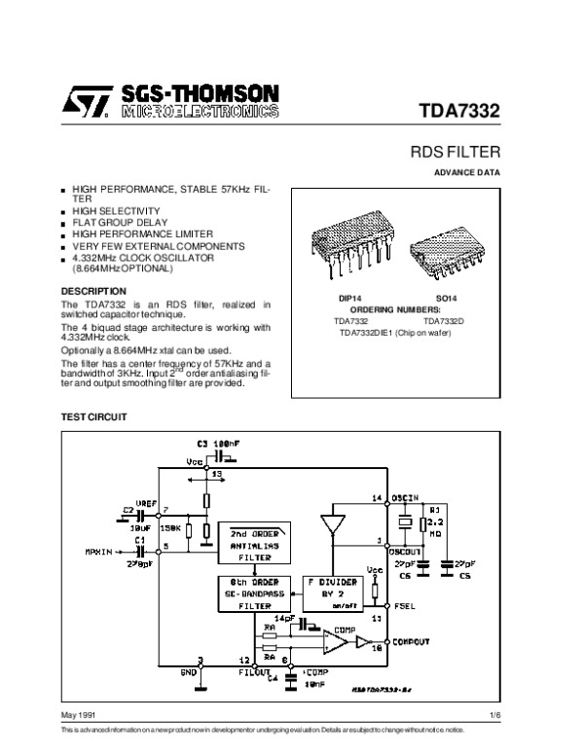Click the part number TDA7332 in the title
pyautogui.click(x=459, y=111)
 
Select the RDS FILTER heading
pyautogui.click(x=457, y=153)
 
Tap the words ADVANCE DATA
pyautogui.click(x=468, y=172)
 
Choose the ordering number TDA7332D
pyautogui.click(x=444, y=320)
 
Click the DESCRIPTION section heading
pyautogui.click(x=93, y=291)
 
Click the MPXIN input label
pyautogui.click(x=98, y=551)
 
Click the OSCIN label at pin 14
pyautogui.click(x=405, y=498)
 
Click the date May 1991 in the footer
pyautogui.click(x=77, y=717)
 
